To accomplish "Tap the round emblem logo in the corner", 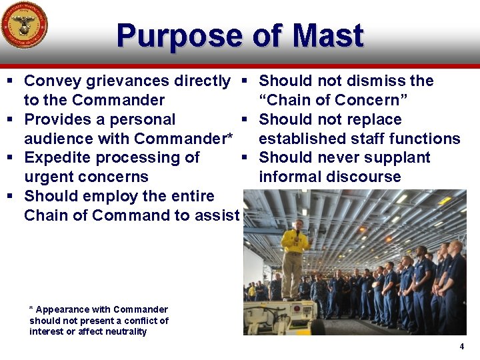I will tap(24, 25).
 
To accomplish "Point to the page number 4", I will tap(461, 347).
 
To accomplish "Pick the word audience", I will tap(57, 139).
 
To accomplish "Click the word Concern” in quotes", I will tap(375, 101).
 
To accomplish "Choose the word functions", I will tap(425, 139).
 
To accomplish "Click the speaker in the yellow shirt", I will tap(294, 257).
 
